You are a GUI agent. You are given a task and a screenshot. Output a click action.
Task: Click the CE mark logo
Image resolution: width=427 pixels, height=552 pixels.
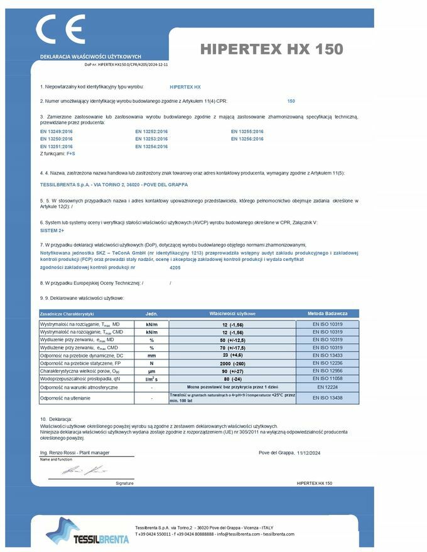click(x=60, y=29)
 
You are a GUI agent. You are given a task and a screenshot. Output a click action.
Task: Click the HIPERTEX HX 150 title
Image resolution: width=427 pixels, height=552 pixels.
click(x=271, y=49)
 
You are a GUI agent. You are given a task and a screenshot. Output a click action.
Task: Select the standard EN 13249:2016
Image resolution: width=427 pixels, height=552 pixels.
click(x=57, y=132)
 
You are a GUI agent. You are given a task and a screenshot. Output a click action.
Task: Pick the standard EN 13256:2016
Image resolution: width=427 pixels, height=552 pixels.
click(x=247, y=139)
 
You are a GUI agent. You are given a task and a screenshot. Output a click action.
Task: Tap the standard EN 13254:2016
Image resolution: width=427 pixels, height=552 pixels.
click(x=151, y=146)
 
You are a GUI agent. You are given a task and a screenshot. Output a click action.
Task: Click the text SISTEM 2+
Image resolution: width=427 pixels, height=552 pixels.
click(x=53, y=231)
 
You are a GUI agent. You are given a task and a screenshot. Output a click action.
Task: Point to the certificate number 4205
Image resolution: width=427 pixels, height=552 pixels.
click(x=175, y=268)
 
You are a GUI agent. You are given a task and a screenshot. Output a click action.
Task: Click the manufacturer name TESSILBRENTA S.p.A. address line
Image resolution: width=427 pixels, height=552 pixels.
click(x=114, y=184)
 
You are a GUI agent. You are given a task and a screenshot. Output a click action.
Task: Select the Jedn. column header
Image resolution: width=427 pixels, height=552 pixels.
click(x=151, y=313)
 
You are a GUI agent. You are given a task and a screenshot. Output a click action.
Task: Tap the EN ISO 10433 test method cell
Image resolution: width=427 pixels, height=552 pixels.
click(x=328, y=355)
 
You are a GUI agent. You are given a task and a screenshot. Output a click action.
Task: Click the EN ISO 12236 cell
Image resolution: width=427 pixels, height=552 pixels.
click(x=328, y=363)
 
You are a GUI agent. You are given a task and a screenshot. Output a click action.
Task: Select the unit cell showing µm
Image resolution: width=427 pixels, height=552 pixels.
click(x=151, y=371)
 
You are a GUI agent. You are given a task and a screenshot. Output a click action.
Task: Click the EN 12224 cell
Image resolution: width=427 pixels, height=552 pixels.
click(x=328, y=387)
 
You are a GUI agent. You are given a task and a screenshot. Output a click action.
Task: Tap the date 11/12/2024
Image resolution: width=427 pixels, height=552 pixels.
click(x=309, y=452)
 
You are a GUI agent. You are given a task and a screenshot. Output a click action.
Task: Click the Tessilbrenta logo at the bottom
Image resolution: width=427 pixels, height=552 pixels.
click(x=87, y=531)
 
